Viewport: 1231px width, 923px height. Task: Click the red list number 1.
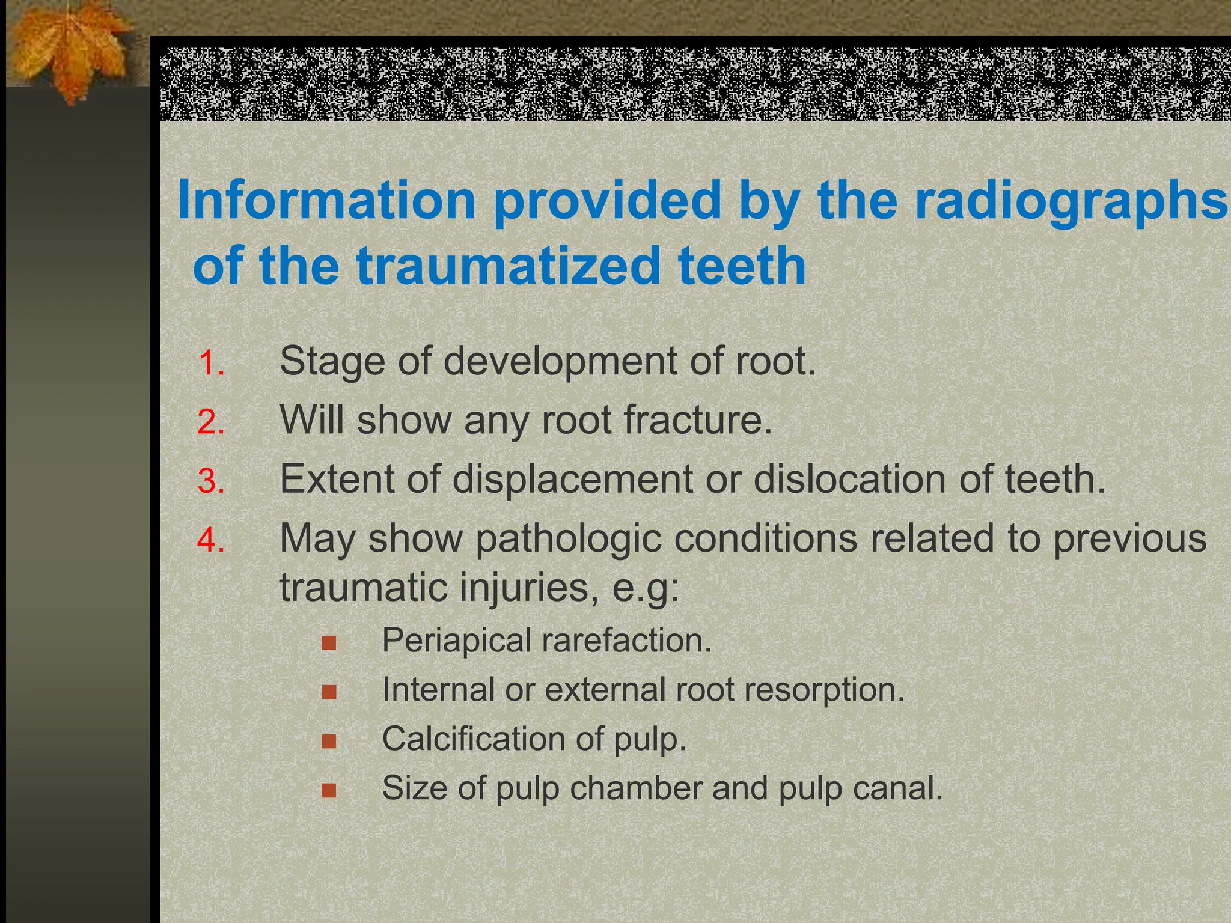tap(211, 364)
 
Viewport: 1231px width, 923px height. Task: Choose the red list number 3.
tap(211, 481)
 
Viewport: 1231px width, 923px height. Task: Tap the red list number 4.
tap(211, 540)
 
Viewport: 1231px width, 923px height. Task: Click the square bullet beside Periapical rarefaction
tap(328, 644)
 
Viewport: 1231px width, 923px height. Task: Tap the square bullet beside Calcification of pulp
tap(328, 742)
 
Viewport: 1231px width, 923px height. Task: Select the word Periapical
tap(457, 641)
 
